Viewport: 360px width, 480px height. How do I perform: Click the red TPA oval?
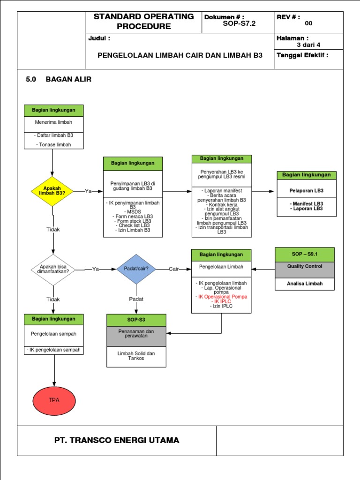click(x=54, y=400)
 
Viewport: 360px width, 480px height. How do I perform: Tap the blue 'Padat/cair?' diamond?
click(x=136, y=269)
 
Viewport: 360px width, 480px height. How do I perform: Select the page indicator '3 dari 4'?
click(x=308, y=45)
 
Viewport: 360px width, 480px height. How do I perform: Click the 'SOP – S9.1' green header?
click(x=304, y=255)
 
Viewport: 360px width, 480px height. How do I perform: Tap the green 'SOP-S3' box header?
click(x=136, y=320)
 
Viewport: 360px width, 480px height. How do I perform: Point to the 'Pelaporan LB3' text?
click(x=307, y=191)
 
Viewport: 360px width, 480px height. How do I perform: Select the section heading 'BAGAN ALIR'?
click(x=68, y=79)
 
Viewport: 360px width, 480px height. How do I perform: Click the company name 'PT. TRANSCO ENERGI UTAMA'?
click(x=117, y=440)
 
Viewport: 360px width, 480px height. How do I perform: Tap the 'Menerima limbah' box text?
click(x=54, y=122)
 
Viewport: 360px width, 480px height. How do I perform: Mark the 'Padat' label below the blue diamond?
click(x=136, y=299)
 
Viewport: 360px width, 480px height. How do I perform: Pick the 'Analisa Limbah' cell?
click(x=304, y=284)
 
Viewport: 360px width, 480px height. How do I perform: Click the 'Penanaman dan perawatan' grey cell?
click(x=136, y=334)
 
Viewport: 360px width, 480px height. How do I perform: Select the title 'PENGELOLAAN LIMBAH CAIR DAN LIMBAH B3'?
click(x=180, y=55)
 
